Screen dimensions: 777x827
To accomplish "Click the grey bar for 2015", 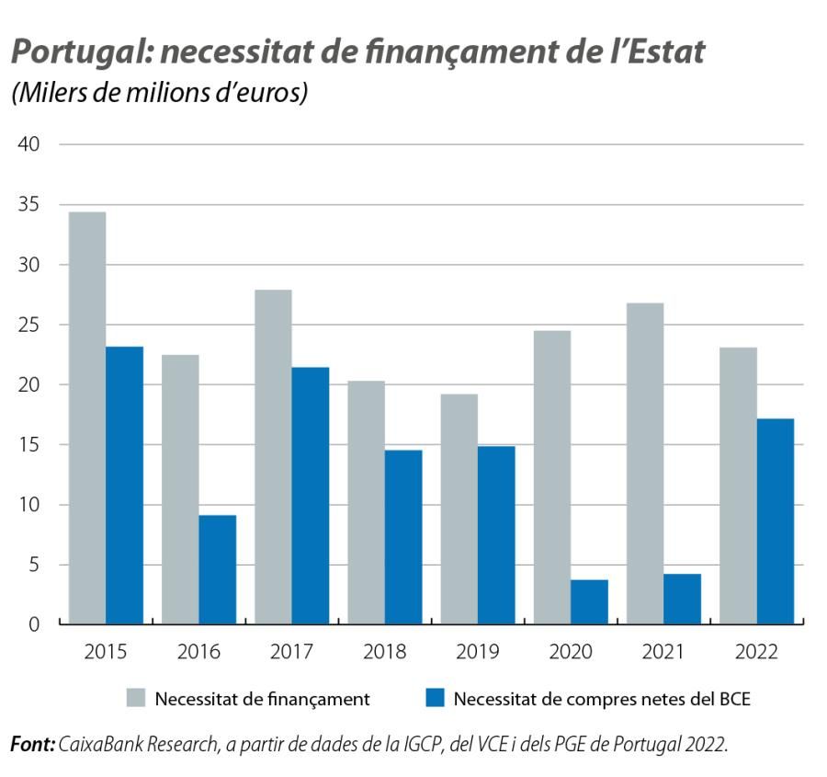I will click(87, 418).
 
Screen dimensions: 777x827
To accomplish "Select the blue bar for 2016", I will click(217, 569).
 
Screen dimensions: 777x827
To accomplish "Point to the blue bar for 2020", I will click(589, 601).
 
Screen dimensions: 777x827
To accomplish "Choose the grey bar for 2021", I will click(645, 463).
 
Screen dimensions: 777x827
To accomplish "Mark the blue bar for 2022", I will click(775, 521).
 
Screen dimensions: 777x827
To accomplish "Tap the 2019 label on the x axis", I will click(477, 652).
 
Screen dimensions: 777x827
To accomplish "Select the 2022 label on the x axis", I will click(755, 652).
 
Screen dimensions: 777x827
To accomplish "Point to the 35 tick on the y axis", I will click(30, 205).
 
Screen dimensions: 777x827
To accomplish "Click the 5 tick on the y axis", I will click(36, 565).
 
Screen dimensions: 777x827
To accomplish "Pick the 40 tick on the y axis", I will click(30, 145).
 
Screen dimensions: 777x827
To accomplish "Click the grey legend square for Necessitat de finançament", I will click(136, 699).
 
